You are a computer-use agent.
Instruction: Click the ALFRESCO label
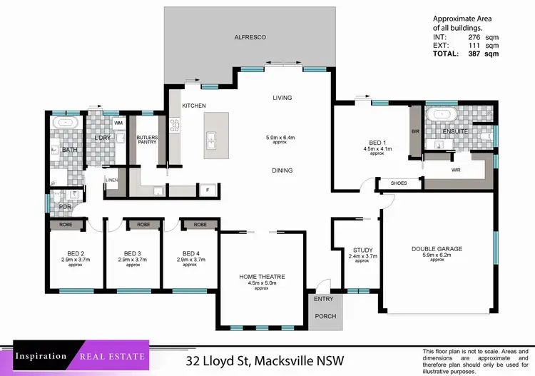coord(250,36)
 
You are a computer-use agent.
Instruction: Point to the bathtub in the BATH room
coord(67,123)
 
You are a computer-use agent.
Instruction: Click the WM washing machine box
coord(118,123)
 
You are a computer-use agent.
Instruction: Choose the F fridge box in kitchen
coord(207,190)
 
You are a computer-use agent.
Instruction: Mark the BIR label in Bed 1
coord(414,132)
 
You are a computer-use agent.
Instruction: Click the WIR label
coord(456,171)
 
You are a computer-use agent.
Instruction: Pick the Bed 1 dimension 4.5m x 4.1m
coord(378,149)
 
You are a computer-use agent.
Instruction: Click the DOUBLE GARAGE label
coord(437,249)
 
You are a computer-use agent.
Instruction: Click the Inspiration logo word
coord(41,355)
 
